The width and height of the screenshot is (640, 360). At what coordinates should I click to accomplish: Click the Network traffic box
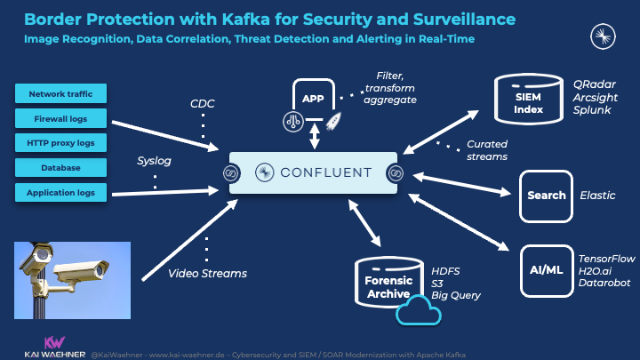coord(60,93)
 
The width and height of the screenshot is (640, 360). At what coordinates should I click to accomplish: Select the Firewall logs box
coord(60,118)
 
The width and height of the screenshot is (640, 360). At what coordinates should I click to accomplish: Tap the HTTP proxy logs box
coord(60,143)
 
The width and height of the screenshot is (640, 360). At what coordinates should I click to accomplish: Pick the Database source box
coord(60,168)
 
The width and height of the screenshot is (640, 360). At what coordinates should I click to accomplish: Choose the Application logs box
coord(60,192)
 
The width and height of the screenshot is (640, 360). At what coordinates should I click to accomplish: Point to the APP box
coord(313,99)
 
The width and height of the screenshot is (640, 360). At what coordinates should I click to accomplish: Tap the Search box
coord(546,195)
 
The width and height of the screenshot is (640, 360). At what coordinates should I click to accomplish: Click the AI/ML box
coord(546,268)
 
